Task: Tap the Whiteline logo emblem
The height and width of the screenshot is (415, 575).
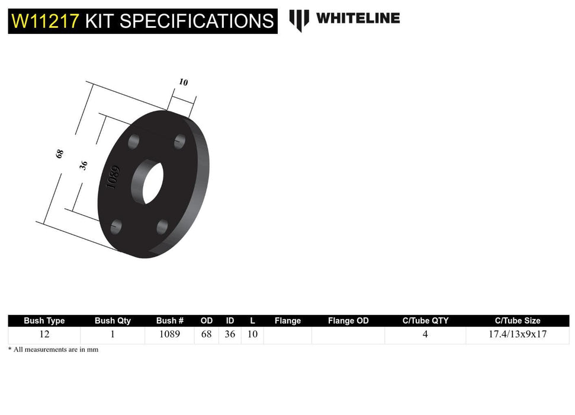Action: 299,20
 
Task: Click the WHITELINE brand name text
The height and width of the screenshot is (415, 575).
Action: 358,18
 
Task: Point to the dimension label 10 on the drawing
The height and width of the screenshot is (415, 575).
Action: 183,82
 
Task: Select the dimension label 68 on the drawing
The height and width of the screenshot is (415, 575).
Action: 59,154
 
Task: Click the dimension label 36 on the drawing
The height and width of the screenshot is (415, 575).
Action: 83,165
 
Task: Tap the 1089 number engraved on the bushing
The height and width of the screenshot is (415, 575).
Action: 113,177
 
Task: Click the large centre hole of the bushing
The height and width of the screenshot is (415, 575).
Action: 147,182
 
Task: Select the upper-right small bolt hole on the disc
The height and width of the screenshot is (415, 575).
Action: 180,142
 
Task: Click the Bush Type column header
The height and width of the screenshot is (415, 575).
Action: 44,321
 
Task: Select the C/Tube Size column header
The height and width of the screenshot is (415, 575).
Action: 518,321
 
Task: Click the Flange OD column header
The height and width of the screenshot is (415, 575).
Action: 348,321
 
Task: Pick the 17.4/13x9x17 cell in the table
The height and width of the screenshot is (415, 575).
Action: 518,334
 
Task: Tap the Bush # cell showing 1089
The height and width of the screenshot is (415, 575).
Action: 170,334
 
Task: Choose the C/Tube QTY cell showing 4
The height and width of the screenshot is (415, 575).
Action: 425,334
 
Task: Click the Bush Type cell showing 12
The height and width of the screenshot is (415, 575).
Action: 44,334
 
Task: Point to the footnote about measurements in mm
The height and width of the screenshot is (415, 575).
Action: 53,350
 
